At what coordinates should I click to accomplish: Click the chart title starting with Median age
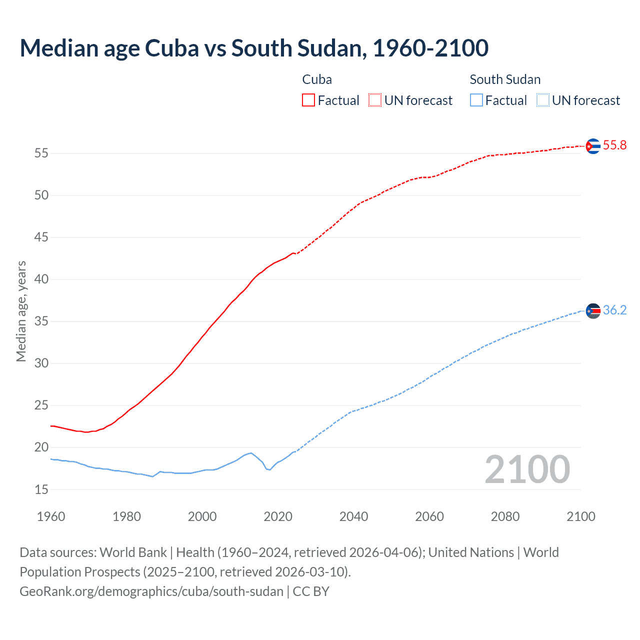pos(254,48)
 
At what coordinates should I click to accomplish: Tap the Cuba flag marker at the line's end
pos(592,146)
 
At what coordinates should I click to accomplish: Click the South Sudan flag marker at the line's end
pos(592,311)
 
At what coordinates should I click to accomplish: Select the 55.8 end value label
pos(614,145)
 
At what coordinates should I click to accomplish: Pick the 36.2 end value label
pos(614,310)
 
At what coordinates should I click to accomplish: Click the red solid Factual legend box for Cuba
pos(308,100)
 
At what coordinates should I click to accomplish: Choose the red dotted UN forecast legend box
pos(375,100)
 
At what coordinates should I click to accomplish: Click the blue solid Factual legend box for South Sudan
pos(476,100)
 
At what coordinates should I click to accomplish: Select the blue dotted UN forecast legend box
pos(542,100)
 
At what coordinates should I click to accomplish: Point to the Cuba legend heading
pos(317,79)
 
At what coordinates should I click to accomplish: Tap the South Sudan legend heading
pos(505,79)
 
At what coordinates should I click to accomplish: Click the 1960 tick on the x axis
pos(51,516)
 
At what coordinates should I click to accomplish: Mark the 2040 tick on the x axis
pos(353,516)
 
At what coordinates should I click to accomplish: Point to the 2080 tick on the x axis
pos(505,516)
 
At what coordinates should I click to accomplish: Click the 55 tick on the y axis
pos(41,153)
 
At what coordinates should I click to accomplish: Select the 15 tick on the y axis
pos(41,489)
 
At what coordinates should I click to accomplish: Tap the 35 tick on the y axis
pos(41,321)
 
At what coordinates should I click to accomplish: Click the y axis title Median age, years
pos(21,311)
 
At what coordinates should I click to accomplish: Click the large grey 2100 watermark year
pos(527,469)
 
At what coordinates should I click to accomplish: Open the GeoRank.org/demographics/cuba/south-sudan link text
pos(151,591)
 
